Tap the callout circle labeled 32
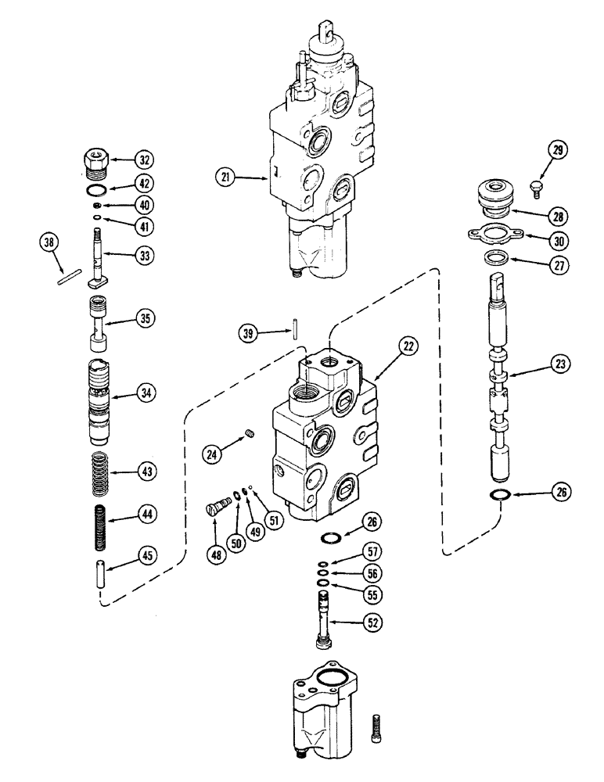(143, 160)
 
